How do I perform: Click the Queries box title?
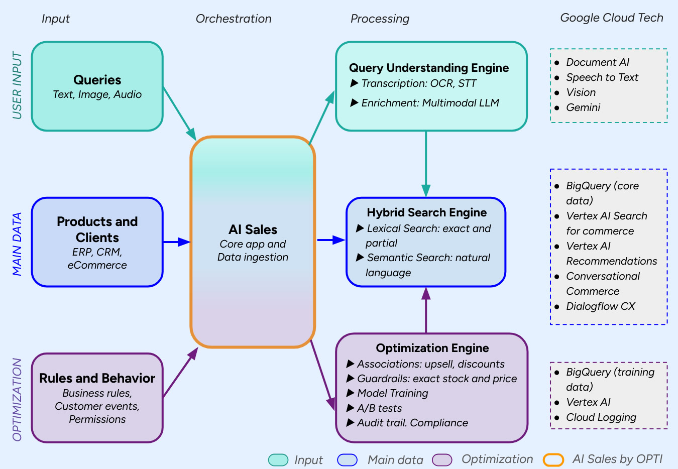pos(97,80)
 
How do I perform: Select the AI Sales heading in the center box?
pos(253,229)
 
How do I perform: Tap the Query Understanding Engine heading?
pos(428,68)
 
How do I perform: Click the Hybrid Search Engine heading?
pos(426,212)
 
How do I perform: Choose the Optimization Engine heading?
pos(432,348)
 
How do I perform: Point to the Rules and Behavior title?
pos(97,378)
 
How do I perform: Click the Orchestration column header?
pos(233,19)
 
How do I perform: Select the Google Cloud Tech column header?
pos(611,18)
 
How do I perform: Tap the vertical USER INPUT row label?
pos(18,85)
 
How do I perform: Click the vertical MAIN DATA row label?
pos(18,244)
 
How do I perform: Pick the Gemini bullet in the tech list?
pos(583,107)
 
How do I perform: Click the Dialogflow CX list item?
pos(600,306)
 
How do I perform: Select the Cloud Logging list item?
pos(601,417)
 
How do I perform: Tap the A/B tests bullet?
pos(379,408)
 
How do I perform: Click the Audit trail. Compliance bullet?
pos(412,423)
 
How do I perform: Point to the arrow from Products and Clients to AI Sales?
pos(176,242)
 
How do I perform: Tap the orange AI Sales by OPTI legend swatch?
pos(553,459)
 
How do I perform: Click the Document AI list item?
pos(597,62)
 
